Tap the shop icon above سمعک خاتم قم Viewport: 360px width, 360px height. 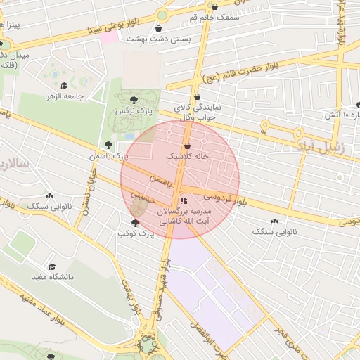[x=214, y=6]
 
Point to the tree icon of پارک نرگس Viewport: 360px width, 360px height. [x=134, y=99]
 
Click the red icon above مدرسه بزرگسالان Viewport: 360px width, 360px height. [x=184, y=201]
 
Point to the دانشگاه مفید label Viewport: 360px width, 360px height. [x=52, y=277]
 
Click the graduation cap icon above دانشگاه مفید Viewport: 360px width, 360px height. [x=51, y=266]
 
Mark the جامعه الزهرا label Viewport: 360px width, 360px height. [x=65, y=96]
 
